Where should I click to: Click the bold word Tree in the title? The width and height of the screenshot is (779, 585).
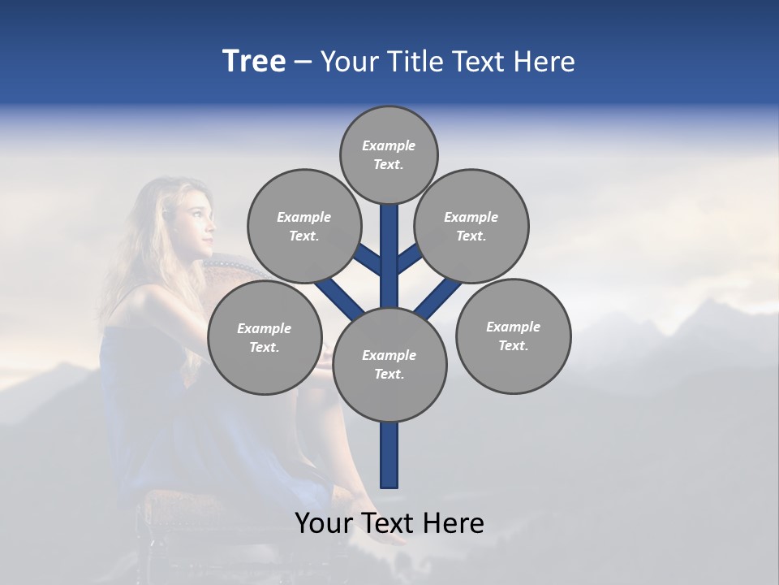coord(254,61)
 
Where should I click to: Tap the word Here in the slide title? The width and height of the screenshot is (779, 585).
coord(544,61)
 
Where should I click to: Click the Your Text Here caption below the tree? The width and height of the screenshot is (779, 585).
coord(389,523)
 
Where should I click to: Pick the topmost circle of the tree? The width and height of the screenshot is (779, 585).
coord(389,154)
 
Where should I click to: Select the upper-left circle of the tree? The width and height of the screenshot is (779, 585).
coord(304,226)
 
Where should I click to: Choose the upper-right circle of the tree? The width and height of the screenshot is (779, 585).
coord(471,226)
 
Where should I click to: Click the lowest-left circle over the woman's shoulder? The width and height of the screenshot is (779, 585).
coord(265,337)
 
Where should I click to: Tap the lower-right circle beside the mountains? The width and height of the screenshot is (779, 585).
coord(513,336)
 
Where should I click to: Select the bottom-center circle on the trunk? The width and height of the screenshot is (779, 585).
coord(389,364)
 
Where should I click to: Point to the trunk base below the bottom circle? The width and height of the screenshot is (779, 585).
coord(389,455)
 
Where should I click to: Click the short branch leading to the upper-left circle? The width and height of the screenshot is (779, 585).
coord(370,261)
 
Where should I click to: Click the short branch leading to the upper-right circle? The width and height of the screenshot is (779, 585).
coord(409,259)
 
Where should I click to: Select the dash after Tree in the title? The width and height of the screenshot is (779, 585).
coord(303,63)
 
